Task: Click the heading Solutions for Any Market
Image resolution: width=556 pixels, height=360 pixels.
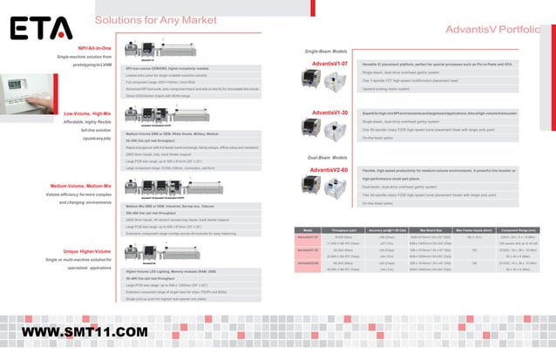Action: click(x=155, y=19)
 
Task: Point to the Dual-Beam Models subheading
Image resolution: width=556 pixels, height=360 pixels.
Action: click(x=325, y=157)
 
